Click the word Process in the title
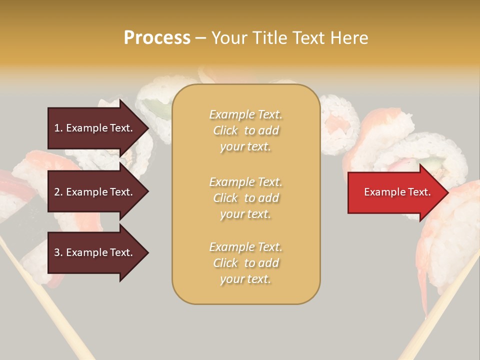157,37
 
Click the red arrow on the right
395,192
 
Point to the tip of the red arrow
447,192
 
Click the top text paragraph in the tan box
245,130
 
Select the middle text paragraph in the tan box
245,198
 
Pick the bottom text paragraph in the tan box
245,263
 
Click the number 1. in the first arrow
58,128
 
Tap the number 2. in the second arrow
58,192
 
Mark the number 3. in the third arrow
58,252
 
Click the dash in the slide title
200,38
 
